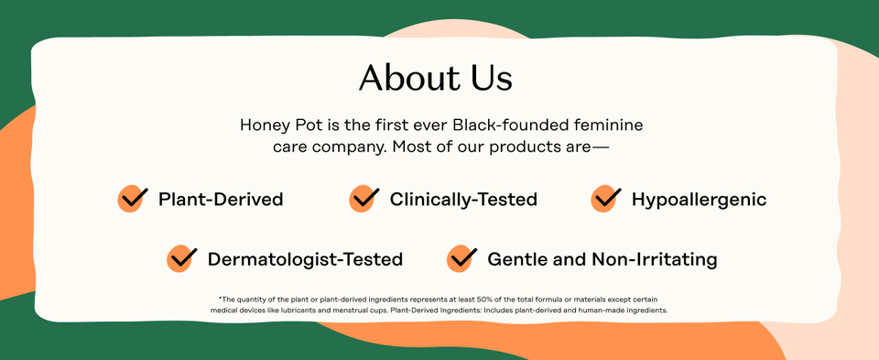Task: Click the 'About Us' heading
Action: pyautogui.click(x=435, y=78)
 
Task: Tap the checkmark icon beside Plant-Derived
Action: pyautogui.click(x=133, y=199)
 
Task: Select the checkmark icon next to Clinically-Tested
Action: pyautogui.click(x=364, y=199)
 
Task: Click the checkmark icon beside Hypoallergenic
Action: pyautogui.click(x=606, y=199)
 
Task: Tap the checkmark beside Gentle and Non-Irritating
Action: pyautogui.click(x=461, y=259)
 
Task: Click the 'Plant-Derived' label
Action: pyautogui.click(x=221, y=200)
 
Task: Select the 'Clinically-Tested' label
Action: pyautogui.click(x=463, y=200)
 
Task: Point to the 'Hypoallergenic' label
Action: pyautogui.click(x=699, y=200)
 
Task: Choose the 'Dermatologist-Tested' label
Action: pyautogui.click(x=305, y=260)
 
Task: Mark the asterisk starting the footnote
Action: pyautogui.click(x=220, y=299)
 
